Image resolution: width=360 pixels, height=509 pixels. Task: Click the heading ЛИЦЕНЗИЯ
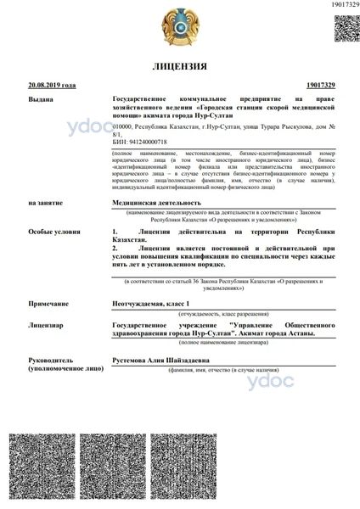pos(179,66)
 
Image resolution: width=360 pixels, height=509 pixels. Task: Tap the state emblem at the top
pos(179,27)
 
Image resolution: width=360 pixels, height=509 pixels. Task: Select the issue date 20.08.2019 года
pos(53,87)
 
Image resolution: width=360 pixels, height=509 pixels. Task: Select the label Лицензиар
pos(44,325)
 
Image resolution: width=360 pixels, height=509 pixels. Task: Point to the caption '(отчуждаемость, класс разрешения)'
pos(224,314)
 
